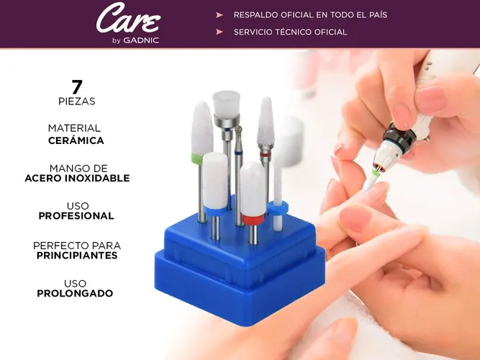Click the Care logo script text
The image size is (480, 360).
point(129,18)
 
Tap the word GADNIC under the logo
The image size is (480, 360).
point(141,40)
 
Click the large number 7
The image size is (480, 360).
point(77,87)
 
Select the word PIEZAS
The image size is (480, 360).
point(77,102)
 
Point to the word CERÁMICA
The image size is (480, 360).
point(76,140)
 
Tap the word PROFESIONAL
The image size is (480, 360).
point(76,216)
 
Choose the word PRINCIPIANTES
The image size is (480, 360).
point(77,256)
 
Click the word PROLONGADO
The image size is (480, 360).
point(75,294)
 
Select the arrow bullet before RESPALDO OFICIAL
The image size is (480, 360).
point(219,14)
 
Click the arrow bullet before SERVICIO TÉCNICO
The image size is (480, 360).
point(219,32)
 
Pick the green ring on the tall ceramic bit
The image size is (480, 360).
point(196,159)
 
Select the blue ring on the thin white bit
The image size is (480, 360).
point(278,208)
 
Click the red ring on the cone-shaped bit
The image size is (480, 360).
point(266,155)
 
